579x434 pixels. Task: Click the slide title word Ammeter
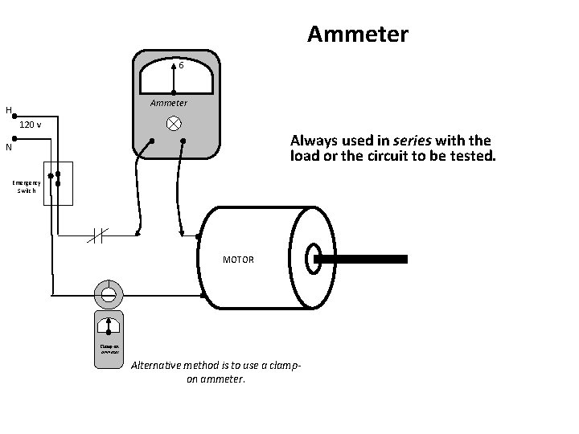click(358, 35)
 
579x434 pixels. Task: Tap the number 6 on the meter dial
click(182, 66)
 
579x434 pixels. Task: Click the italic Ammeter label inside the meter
click(169, 103)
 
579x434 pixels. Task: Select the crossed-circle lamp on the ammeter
click(173, 124)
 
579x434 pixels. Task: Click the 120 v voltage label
click(31, 125)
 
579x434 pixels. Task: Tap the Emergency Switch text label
click(27, 187)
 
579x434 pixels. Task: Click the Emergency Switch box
click(58, 183)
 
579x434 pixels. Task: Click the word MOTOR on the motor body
click(239, 260)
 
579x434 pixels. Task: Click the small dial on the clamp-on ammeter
click(108, 326)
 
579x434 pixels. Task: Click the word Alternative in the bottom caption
click(158, 366)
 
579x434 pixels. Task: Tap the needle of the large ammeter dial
click(175, 76)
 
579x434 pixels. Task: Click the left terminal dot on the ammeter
click(153, 141)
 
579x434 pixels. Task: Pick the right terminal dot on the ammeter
click(183, 141)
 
